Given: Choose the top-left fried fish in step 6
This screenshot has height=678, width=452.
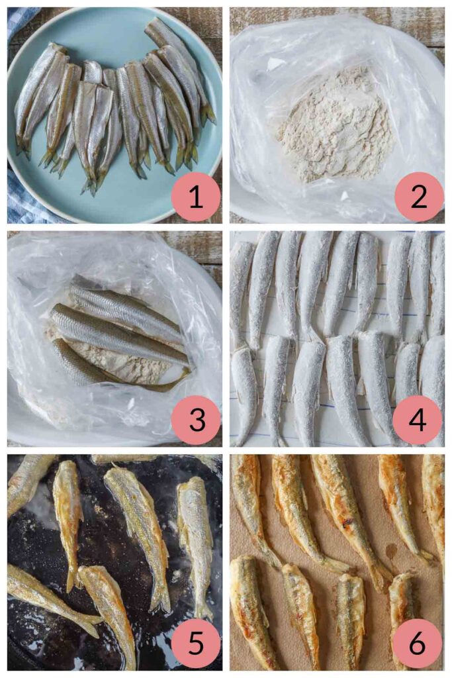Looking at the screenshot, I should coord(251,503).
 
